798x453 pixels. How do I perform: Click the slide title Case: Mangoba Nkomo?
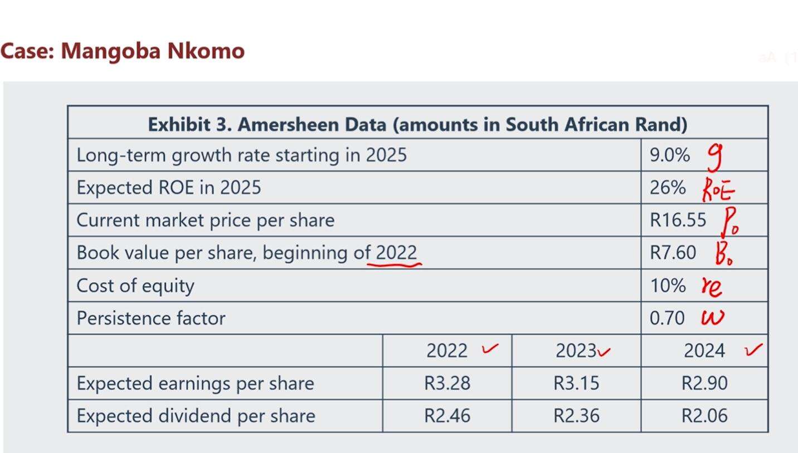pos(122,51)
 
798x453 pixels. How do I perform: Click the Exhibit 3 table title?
pos(417,124)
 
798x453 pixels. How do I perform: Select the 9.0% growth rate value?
pos(669,155)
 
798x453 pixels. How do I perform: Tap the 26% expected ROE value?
pos(667,188)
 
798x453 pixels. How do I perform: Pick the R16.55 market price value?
pos(678,220)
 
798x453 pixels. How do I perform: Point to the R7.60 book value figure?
pos(673,253)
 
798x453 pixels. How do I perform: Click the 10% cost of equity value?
pos(667,285)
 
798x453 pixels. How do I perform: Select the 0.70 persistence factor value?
pos(667,318)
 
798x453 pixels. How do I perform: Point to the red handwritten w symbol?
pos(713,318)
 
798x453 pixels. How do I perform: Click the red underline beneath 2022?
pos(394,265)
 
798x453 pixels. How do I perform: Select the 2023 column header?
pos(576,351)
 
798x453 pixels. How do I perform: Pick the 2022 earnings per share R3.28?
pos(447,383)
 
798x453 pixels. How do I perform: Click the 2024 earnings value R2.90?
pos(704,383)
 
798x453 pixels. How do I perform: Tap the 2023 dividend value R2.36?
pos(576,416)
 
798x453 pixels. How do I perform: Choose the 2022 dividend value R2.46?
pos(447,416)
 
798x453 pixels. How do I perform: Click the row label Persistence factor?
pos(151,318)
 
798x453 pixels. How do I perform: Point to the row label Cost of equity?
pos(135,285)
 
